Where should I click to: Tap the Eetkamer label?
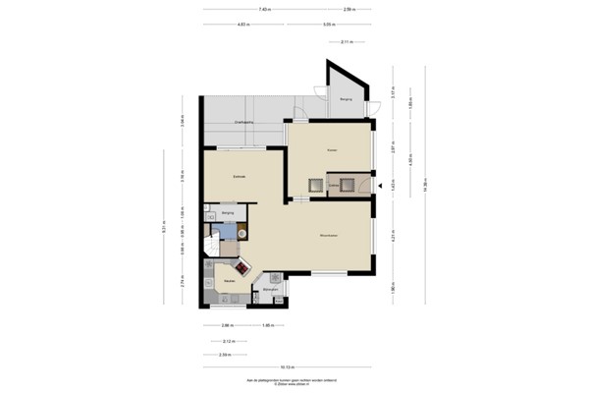[238, 176]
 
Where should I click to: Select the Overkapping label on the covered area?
[243, 122]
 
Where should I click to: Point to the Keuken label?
[228, 281]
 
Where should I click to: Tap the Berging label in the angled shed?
[346, 99]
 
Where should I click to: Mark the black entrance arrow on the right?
[379, 185]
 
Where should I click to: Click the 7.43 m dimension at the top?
[265, 9]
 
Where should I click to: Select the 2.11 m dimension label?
[347, 42]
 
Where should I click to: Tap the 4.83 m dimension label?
[241, 25]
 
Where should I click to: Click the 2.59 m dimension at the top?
[349, 9]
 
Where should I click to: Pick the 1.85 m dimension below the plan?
[266, 325]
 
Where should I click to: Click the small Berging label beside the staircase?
[228, 212]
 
